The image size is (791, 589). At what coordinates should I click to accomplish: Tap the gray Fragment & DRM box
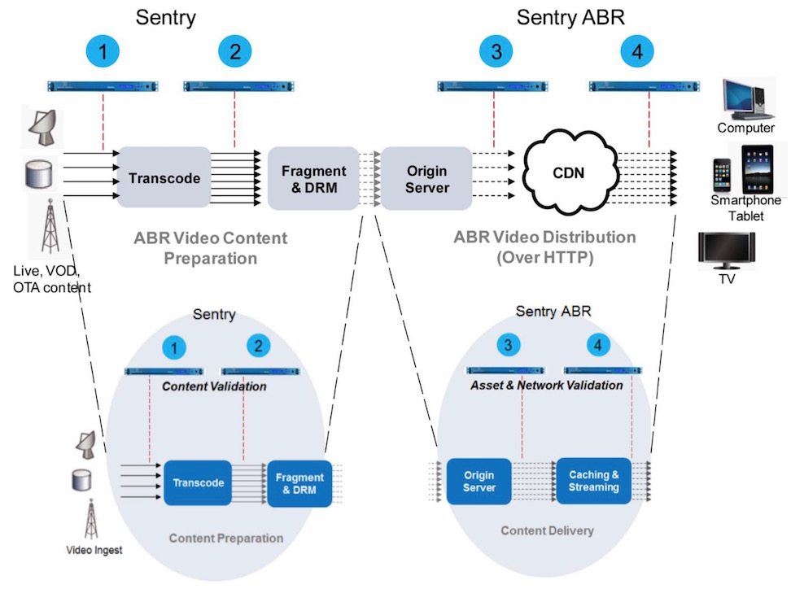tap(313, 178)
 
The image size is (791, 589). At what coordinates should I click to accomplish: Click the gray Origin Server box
tap(427, 178)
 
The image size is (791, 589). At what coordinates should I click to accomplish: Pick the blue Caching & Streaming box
tap(594, 481)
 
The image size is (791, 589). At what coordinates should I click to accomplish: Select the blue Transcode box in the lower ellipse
tap(198, 482)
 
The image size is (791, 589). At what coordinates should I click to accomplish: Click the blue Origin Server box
tap(479, 482)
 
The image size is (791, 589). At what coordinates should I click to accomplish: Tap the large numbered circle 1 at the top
tap(103, 52)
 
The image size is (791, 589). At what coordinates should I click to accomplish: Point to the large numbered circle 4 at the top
tap(636, 52)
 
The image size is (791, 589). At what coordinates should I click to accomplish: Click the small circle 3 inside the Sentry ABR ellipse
tap(509, 345)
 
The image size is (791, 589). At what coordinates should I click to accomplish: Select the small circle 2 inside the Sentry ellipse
tap(258, 346)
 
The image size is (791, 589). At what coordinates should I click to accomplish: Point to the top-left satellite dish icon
tap(42, 122)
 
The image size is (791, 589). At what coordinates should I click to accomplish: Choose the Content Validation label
tap(214, 386)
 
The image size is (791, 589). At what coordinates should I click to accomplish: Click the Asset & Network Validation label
tap(546, 385)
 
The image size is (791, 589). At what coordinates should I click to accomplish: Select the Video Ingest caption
tap(94, 551)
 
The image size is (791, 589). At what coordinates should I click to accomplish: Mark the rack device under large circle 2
tap(235, 85)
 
